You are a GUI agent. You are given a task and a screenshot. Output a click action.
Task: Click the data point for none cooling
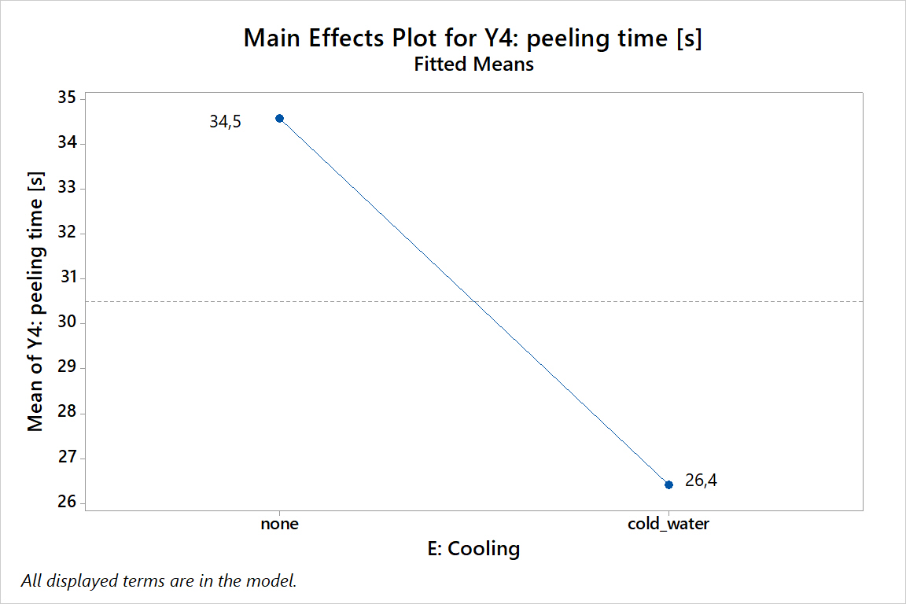tap(279, 118)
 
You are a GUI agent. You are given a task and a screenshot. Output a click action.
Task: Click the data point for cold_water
tap(668, 484)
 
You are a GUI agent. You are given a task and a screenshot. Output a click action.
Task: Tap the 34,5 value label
tap(226, 122)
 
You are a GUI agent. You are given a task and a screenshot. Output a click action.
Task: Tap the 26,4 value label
tap(701, 481)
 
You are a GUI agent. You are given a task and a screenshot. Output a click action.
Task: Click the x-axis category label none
tap(279, 524)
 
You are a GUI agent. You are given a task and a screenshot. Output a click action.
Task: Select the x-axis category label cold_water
tap(668, 524)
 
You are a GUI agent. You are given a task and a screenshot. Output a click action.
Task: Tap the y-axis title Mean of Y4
tap(35, 302)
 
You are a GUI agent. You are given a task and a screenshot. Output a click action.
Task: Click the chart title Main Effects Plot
tap(473, 38)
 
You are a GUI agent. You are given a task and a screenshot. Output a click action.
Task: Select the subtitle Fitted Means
tap(473, 64)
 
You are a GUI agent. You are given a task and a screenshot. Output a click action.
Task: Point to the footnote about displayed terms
tap(159, 581)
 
